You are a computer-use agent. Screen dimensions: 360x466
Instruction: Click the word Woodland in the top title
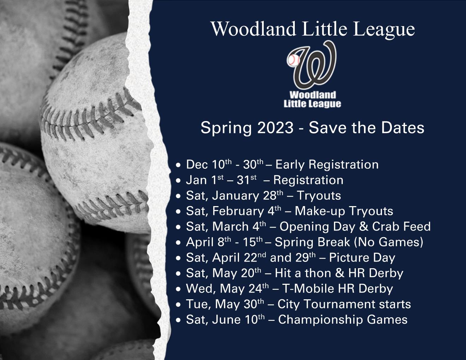(x=253, y=29)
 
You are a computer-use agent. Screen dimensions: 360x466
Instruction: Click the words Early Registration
(x=327, y=164)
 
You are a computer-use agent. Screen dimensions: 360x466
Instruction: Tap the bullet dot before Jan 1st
(x=179, y=181)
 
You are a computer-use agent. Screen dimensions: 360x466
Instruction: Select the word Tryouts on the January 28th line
(x=319, y=196)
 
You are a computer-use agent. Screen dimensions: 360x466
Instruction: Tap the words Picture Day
(x=362, y=258)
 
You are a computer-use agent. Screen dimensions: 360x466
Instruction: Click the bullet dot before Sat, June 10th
(x=179, y=320)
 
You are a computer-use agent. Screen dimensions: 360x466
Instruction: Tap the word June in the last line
(x=229, y=320)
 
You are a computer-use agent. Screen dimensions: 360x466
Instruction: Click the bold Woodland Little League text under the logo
(x=312, y=99)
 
